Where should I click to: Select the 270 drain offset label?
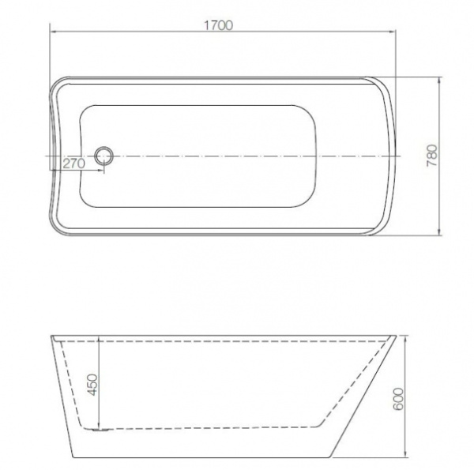click(x=73, y=164)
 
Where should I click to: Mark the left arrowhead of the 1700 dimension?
click(x=53, y=33)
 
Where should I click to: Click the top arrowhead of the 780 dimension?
click(x=438, y=80)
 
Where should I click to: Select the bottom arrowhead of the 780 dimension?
click(x=438, y=234)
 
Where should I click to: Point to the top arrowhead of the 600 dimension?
click(x=403, y=338)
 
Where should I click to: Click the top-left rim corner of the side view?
click(x=51, y=337)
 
